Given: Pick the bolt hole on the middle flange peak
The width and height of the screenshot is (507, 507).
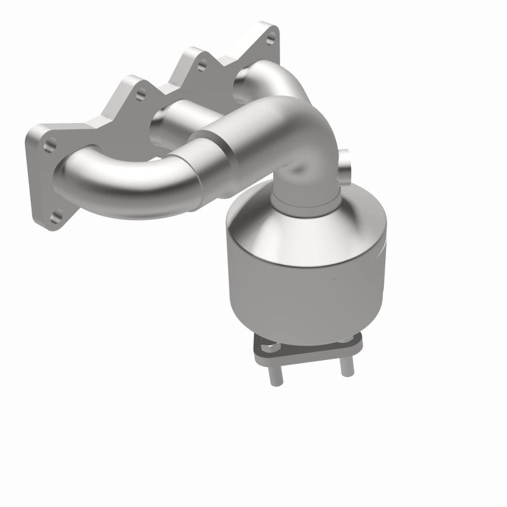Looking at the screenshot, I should pos(202,63).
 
